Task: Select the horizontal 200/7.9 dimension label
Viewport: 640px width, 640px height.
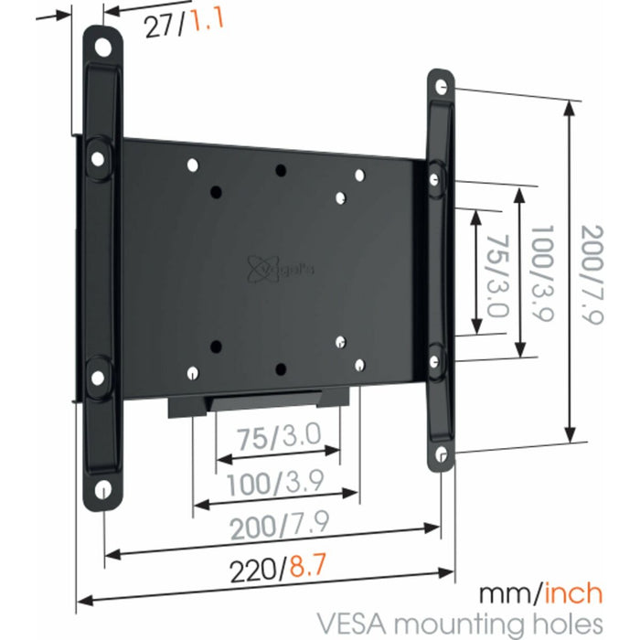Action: click(267, 525)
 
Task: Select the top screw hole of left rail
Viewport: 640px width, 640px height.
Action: click(105, 45)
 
